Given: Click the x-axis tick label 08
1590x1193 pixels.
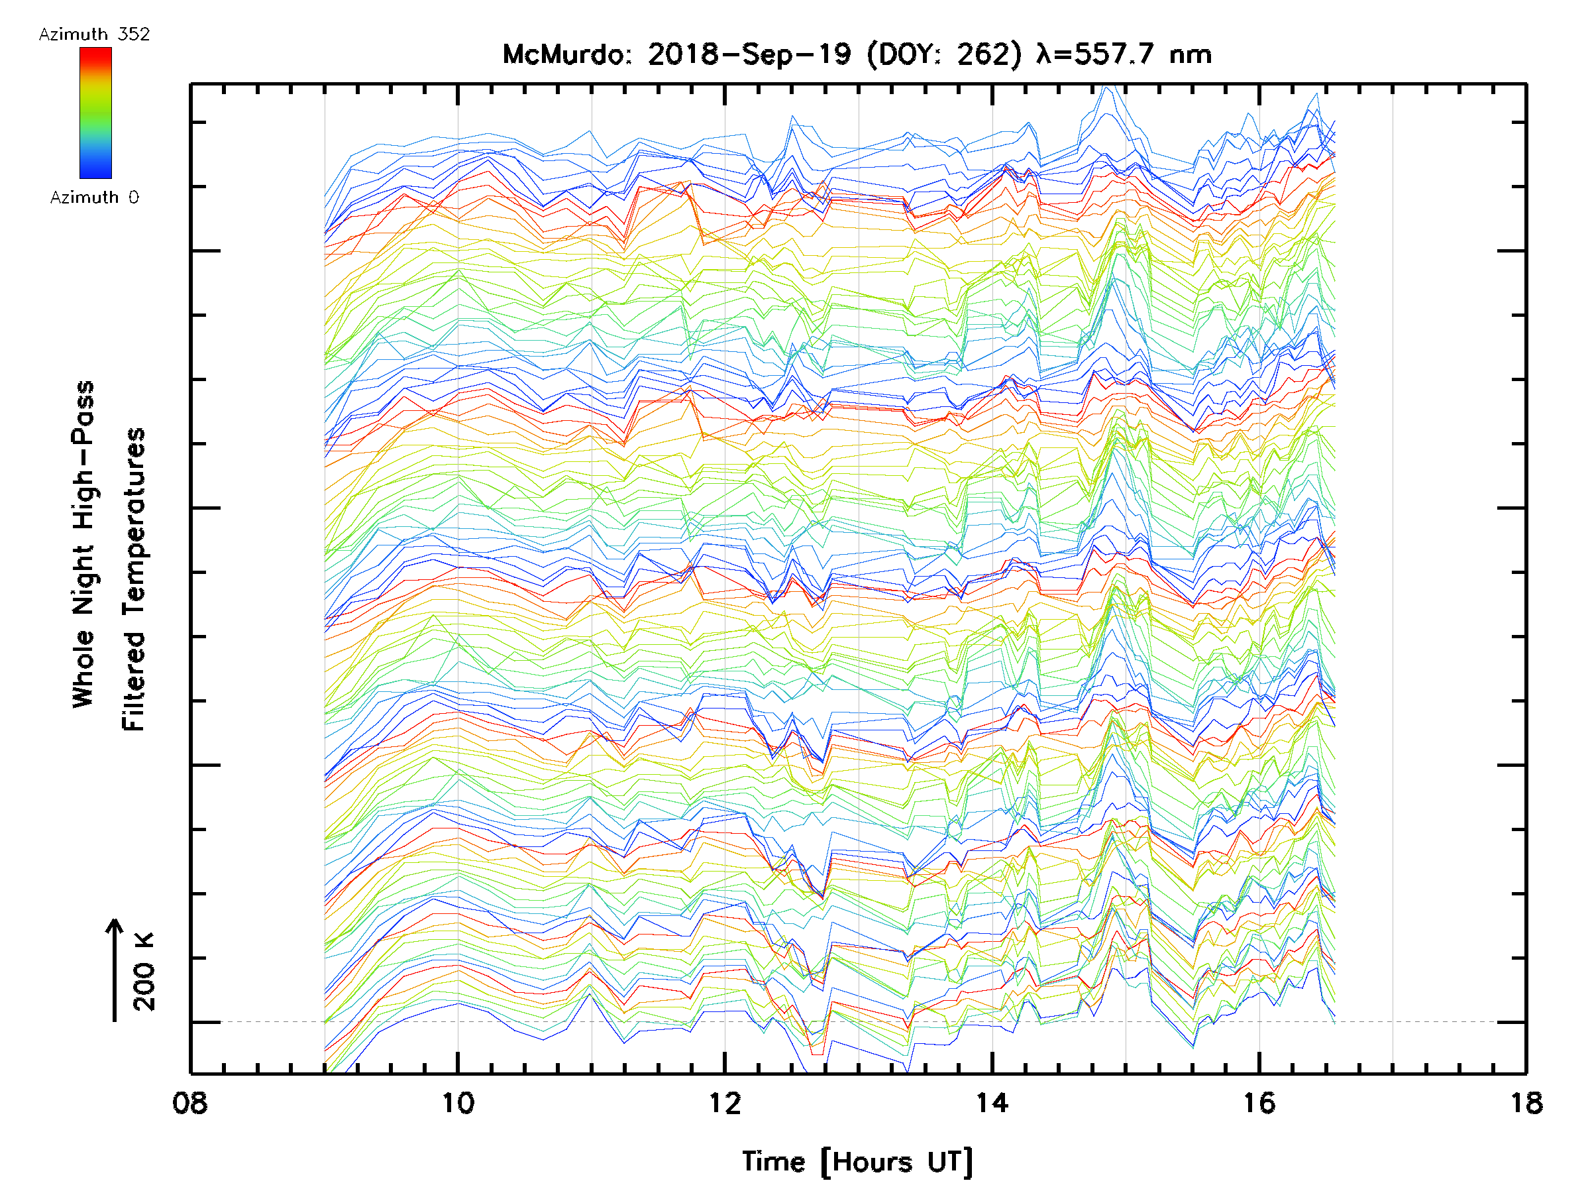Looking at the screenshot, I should pyautogui.click(x=189, y=1103).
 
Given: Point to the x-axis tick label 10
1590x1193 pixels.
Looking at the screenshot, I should pyautogui.click(x=458, y=1103).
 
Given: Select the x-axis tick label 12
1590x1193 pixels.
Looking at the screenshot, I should pyautogui.click(x=725, y=1103).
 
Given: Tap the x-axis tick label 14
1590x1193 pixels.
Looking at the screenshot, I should pyautogui.click(x=992, y=1103).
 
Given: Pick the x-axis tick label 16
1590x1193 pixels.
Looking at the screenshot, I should pyautogui.click(x=1259, y=1103).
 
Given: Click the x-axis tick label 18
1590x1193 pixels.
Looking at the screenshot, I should pyautogui.click(x=1526, y=1103).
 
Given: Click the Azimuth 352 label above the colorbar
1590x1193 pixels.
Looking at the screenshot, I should pyautogui.click(x=94, y=34).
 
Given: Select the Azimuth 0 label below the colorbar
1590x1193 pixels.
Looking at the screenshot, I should pyautogui.click(x=94, y=197).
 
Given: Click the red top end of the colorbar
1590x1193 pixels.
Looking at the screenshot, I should pyautogui.click(x=95, y=53).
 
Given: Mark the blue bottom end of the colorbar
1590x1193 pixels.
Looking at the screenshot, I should pyautogui.click(x=95, y=172).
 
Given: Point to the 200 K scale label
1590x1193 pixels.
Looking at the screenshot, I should pyautogui.click(x=144, y=971).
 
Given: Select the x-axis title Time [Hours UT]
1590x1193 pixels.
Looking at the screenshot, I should pyautogui.click(x=857, y=1162).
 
